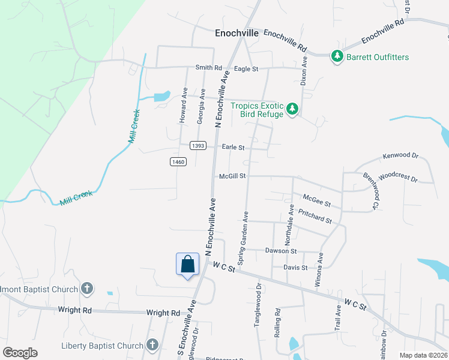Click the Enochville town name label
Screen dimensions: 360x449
tap(237, 34)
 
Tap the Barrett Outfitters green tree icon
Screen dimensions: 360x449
tap(337, 57)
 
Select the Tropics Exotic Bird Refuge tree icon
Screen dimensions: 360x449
tap(292, 109)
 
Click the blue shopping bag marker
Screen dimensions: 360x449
tap(187, 263)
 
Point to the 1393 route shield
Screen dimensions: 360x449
tap(198, 146)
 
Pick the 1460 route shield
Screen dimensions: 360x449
tap(178, 161)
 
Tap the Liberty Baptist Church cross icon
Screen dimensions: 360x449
tap(152, 345)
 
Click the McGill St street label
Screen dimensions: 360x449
tap(233, 176)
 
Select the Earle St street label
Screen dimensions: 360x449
tap(233, 147)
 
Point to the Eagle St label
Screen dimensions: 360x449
tap(246, 69)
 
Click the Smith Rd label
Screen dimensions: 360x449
tap(208, 68)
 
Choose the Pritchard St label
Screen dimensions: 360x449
tap(315, 217)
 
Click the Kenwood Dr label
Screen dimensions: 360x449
tap(400, 156)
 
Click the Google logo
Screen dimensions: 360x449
tap(20, 353)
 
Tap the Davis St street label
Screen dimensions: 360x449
tap(295, 268)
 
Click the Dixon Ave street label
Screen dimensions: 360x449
tap(304, 70)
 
